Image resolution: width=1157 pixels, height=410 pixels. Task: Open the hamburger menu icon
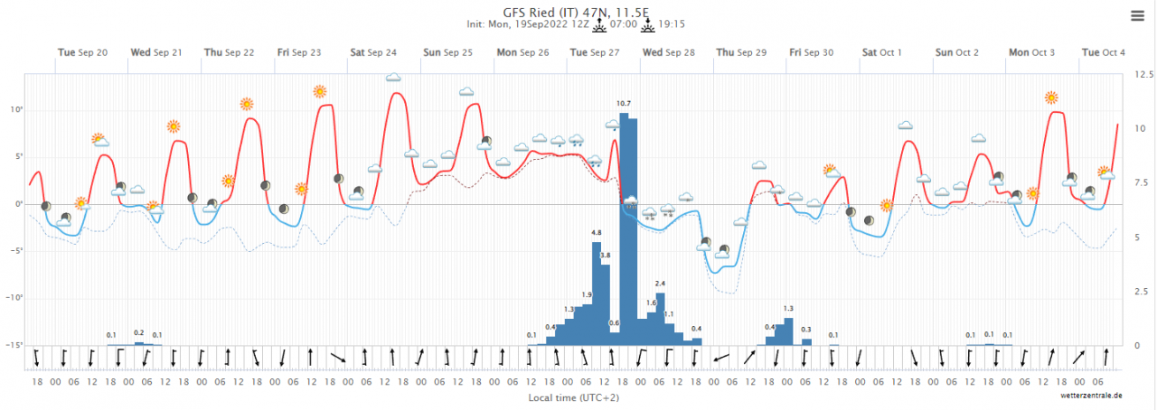point(1137,15)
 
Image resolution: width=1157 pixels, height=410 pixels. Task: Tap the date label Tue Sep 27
point(594,52)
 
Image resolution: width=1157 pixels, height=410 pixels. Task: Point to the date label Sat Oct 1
point(882,52)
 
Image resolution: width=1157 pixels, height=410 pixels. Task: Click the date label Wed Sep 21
point(156,52)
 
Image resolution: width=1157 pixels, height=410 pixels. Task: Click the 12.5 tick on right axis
point(1143,73)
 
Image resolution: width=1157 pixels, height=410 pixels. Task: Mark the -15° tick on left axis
point(14,345)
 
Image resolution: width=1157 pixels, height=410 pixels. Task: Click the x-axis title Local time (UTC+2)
point(573,396)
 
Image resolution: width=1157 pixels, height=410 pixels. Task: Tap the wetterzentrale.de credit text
point(1092,396)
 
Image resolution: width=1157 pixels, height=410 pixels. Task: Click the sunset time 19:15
point(672,25)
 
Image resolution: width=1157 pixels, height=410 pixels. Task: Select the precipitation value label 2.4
point(660,284)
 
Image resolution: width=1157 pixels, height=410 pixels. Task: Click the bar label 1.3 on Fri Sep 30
point(788,309)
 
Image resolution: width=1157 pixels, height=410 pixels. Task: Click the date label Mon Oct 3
point(1031,52)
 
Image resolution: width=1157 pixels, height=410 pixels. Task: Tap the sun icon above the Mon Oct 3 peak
point(1051,98)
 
